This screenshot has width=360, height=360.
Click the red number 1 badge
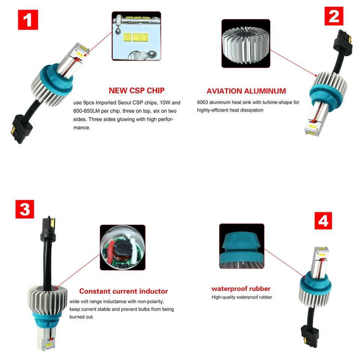(28, 20)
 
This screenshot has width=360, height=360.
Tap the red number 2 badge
(333, 16)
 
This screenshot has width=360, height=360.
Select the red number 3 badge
(25, 209)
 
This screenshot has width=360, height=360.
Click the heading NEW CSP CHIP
(136, 91)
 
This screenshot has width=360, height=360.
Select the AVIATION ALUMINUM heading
(246, 91)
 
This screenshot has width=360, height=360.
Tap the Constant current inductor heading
(123, 291)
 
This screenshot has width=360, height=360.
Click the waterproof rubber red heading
(241, 289)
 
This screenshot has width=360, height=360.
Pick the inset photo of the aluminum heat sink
(246, 43)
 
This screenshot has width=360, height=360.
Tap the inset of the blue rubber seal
(241, 246)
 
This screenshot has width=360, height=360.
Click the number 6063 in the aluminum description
(203, 102)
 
